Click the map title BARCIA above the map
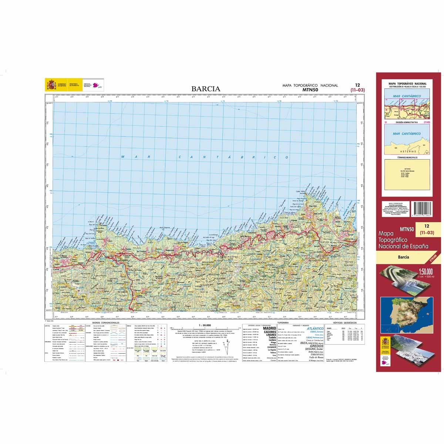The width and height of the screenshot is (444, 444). click(206, 89)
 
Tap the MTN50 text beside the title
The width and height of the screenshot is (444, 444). click(310, 90)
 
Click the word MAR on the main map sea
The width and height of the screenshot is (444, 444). click(135, 157)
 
